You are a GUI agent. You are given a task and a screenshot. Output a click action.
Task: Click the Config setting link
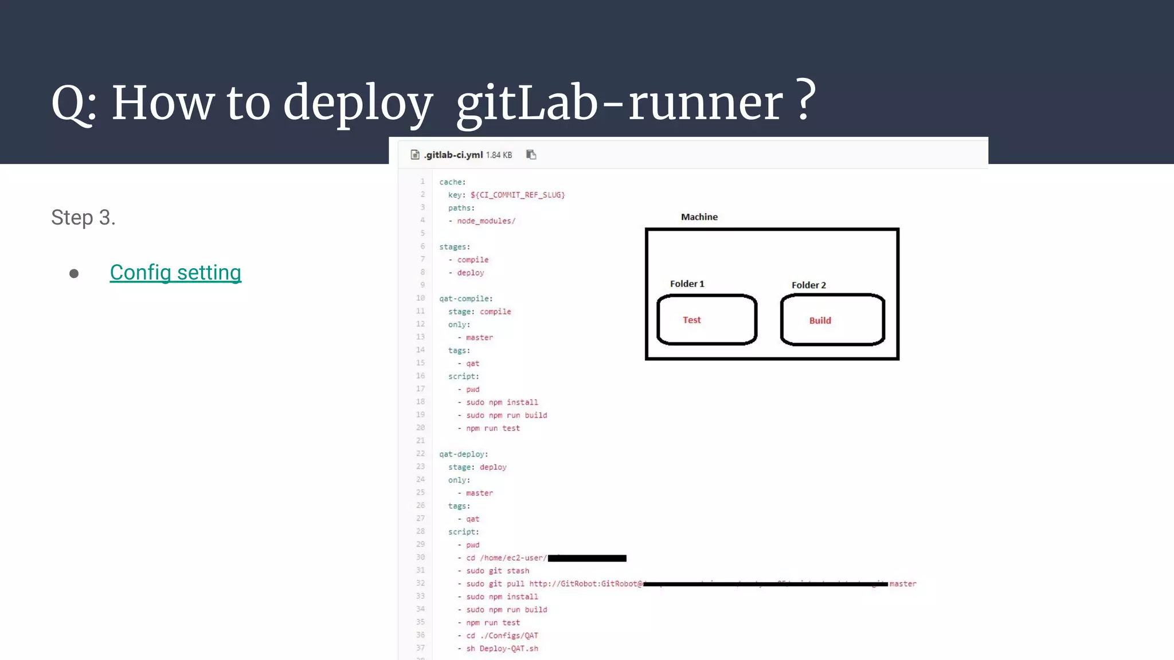[175, 273]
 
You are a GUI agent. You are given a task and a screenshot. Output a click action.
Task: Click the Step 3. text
[83, 218]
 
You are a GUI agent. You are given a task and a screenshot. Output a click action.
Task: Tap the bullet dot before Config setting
[74, 274]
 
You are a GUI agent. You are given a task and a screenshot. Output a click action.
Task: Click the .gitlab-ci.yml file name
[453, 155]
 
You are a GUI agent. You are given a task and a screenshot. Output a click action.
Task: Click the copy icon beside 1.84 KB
[531, 155]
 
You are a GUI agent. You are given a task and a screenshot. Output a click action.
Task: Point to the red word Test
[691, 320]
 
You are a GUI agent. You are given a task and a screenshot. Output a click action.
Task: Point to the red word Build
[820, 321]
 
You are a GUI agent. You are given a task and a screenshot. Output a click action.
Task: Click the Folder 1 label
[687, 284]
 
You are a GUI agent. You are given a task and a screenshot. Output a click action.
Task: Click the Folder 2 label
[808, 285]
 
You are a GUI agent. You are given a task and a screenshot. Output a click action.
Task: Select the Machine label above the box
[699, 217]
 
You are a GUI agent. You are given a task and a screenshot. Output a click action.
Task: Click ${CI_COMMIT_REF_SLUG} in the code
[518, 195]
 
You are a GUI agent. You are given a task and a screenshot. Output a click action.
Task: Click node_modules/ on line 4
[486, 221]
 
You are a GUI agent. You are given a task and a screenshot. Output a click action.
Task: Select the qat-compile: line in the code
[465, 299]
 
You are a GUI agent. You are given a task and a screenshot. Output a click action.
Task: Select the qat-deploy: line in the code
[463, 454]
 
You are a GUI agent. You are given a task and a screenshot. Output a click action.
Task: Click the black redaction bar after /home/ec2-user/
[587, 558]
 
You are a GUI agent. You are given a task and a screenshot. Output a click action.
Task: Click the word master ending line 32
[903, 584]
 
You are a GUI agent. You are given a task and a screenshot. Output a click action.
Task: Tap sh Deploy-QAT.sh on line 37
[502, 649]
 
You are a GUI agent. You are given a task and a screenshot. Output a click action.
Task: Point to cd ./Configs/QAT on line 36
[502, 636]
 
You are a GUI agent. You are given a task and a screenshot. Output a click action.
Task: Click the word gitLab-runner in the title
[619, 103]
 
